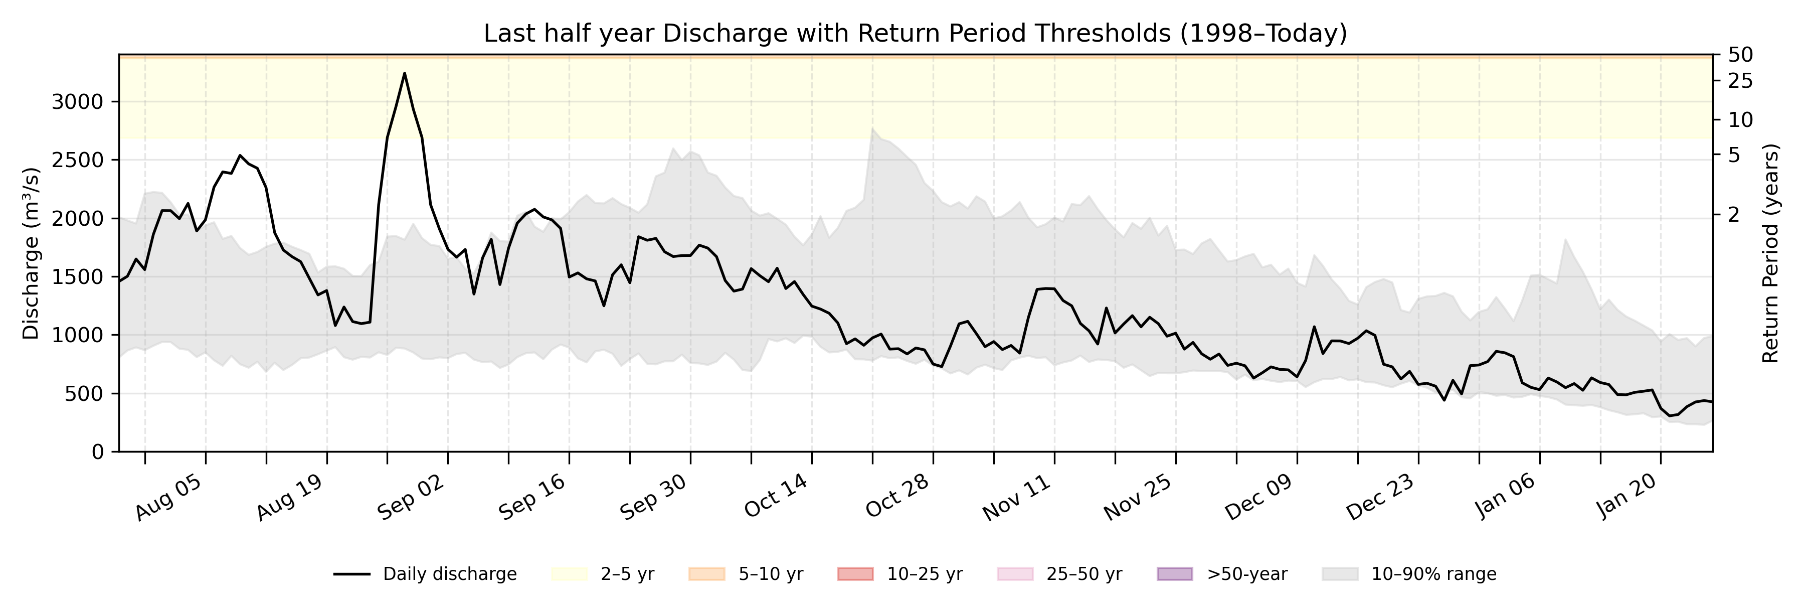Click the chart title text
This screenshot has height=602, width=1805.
click(x=915, y=33)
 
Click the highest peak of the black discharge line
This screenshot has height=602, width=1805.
click(x=404, y=73)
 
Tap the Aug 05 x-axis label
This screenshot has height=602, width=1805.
click(x=169, y=498)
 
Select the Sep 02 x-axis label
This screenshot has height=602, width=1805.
click(x=411, y=498)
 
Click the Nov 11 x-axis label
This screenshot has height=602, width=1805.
click(x=1017, y=498)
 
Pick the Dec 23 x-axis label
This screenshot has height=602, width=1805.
click(x=1380, y=498)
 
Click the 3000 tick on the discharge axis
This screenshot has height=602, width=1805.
click(x=77, y=102)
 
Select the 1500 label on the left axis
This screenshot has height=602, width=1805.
click(x=77, y=277)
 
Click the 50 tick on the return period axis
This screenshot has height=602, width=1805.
click(x=1740, y=55)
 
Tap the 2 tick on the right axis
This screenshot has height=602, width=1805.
click(x=1733, y=214)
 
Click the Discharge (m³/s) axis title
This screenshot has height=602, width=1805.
click(x=30, y=254)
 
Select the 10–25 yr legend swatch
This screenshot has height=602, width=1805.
click(x=855, y=575)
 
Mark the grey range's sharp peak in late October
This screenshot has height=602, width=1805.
click(x=872, y=128)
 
